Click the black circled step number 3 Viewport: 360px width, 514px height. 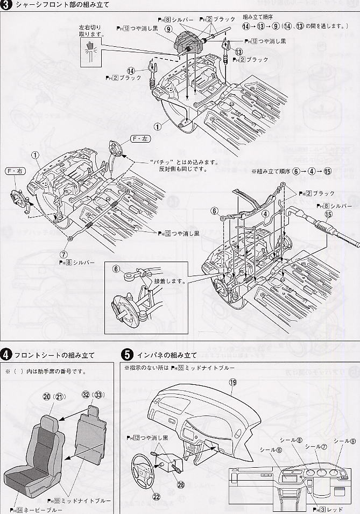pos(6,6)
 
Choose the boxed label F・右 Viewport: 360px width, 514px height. pos(15,171)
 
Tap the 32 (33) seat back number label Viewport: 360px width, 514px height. pos(92,393)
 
